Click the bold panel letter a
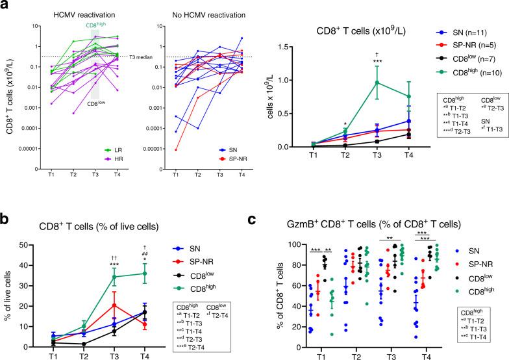[x=6, y=6]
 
